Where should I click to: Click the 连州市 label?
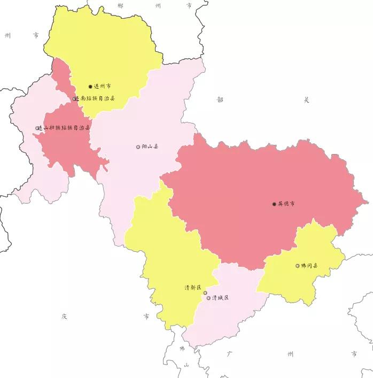(x=103, y=86)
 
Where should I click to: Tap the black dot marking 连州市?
(x=90, y=86)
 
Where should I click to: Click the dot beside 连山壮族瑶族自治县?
(x=37, y=128)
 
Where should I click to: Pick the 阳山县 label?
(x=150, y=146)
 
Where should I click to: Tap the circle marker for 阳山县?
(x=138, y=146)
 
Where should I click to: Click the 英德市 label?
(x=286, y=204)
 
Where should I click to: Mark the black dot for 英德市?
(x=274, y=204)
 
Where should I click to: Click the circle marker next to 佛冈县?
(x=298, y=266)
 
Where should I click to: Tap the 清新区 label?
(x=192, y=288)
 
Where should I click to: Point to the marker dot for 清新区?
(x=205, y=293)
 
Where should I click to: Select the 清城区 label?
(x=220, y=298)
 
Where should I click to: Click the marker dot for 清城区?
(x=208, y=298)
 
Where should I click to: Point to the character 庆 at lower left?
(x=64, y=317)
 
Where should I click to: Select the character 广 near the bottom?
(x=230, y=354)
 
